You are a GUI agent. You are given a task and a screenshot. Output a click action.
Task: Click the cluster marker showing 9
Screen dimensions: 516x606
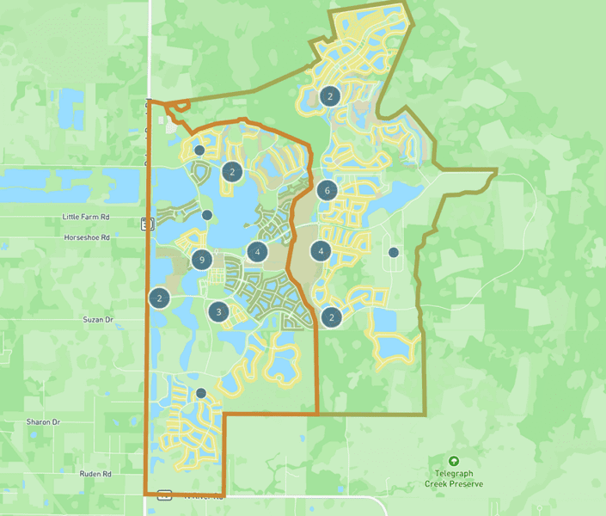[x=201, y=259]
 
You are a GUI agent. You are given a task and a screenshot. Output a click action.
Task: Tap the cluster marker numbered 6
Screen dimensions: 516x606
[x=325, y=190]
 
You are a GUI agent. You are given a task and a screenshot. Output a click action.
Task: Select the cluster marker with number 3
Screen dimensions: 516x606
[x=219, y=312]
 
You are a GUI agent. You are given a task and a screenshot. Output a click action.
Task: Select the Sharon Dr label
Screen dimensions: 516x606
[x=42, y=422]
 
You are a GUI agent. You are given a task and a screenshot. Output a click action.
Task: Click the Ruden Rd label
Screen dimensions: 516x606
[x=95, y=474]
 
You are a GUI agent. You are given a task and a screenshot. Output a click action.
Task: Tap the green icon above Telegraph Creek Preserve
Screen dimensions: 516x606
[x=454, y=462]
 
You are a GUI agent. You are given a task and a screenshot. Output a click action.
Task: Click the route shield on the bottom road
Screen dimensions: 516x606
[x=164, y=495]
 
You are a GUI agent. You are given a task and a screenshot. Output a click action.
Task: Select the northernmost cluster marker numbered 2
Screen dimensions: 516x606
[x=329, y=95]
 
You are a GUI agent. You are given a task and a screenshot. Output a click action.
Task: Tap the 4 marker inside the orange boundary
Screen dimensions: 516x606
[x=256, y=251]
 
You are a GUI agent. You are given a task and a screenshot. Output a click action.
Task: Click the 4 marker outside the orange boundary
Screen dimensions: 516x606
[x=321, y=251]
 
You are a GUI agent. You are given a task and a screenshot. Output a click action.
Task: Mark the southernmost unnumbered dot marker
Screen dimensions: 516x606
[x=201, y=393]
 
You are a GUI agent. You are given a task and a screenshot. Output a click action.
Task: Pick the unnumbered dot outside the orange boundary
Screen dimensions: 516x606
[x=393, y=252]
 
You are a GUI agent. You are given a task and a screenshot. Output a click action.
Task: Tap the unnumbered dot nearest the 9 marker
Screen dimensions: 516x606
[x=207, y=214]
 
